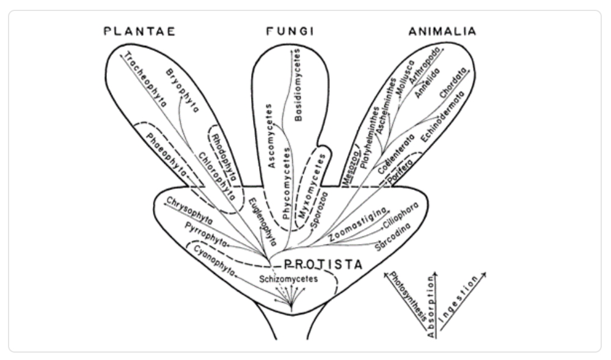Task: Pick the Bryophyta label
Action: pyautogui.click(x=183, y=90)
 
